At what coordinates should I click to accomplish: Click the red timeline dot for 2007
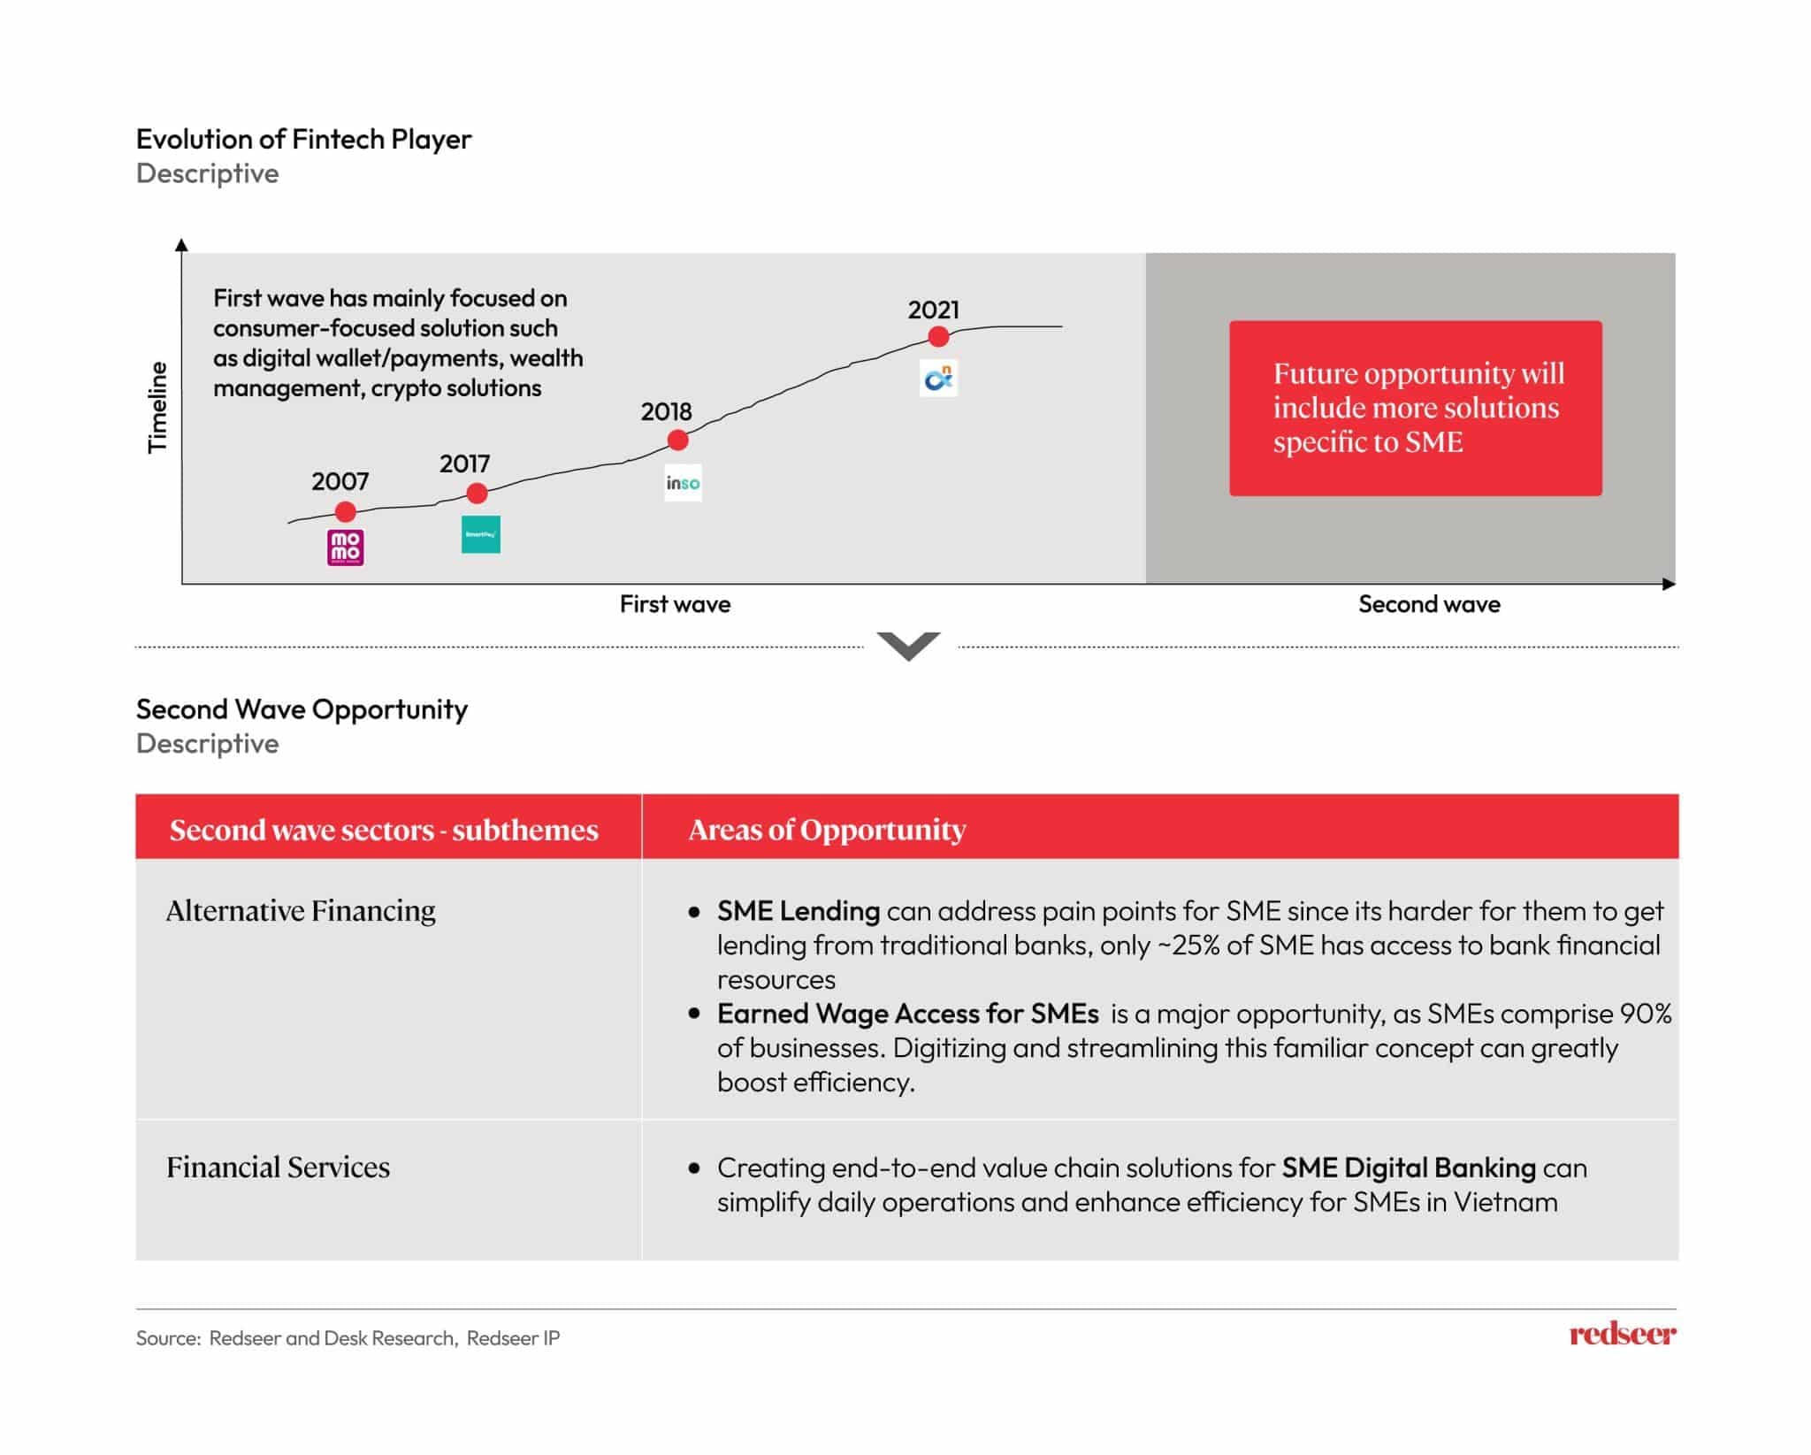point(346,511)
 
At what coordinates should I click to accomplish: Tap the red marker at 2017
point(477,493)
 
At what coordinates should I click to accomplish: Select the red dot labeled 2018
point(677,440)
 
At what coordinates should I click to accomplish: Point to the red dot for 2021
point(938,336)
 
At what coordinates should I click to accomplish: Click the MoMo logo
point(346,548)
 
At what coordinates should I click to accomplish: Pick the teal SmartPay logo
point(481,534)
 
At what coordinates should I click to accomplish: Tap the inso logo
point(683,483)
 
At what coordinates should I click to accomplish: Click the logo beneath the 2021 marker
point(938,379)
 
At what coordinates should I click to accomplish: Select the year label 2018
point(666,411)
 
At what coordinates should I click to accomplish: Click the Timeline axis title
point(157,407)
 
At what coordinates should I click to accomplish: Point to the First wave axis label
point(675,604)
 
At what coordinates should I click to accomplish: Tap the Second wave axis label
point(1429,604)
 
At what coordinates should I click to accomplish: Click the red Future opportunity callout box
point(1415,408)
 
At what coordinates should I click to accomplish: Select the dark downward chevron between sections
point(909,646)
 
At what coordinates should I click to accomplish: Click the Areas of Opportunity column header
point(827,830)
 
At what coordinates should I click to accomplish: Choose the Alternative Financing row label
point(301,910)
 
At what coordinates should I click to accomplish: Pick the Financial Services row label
point(278,1168)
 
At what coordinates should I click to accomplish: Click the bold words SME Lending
point(798,911)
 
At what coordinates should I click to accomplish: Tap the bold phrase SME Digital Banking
point(1408,1168)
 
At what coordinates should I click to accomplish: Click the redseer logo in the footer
point(1622,1334)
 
